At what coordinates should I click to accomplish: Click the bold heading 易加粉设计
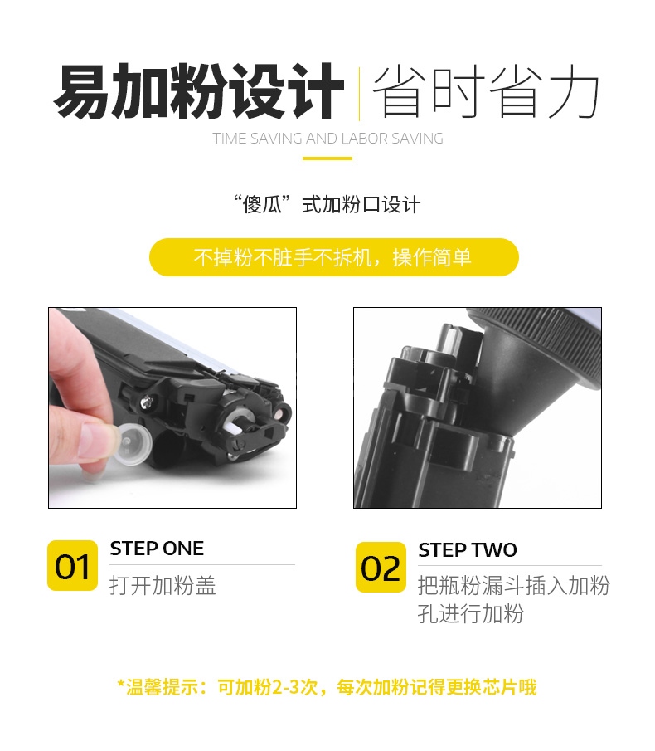198,91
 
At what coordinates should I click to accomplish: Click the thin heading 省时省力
486,91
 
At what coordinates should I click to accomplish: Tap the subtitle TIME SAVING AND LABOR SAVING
327,139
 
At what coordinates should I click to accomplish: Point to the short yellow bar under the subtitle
327,158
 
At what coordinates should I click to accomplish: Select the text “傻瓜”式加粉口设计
327,204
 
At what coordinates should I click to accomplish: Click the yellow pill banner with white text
334,257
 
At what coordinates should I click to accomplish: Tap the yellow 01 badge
72,566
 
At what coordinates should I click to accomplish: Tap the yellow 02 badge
381,567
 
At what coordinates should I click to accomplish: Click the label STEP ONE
157,549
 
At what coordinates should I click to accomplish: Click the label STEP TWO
468,550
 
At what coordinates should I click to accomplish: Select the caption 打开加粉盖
163,585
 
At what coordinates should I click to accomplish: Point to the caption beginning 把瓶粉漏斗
514,599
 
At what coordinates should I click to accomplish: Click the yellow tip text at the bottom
327,687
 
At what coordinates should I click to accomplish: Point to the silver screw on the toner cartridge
147,402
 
